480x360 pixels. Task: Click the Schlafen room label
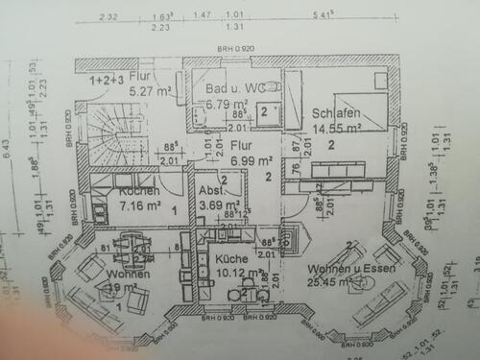[x=336, y=112]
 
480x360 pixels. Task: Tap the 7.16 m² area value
[x=136, y=204]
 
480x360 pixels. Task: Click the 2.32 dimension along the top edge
[x=108, y=16]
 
